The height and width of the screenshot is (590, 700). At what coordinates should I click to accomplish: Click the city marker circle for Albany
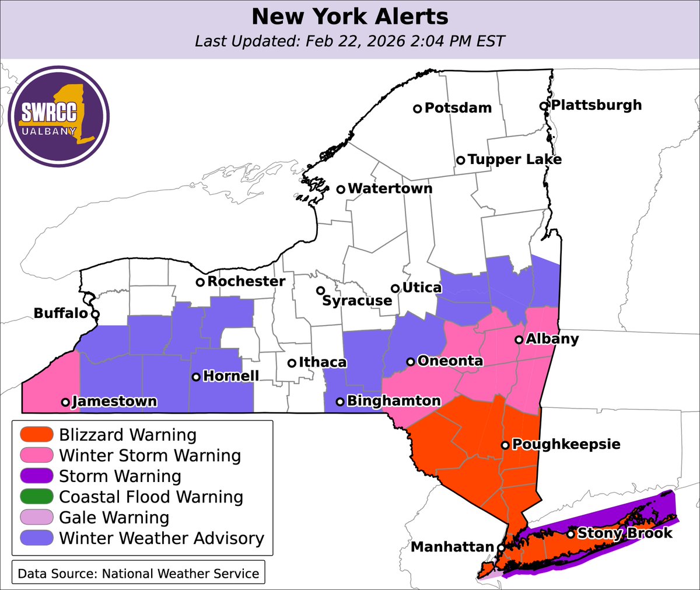(x=519, y=340)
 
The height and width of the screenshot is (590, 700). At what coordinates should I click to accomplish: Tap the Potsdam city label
(x=458, y=108)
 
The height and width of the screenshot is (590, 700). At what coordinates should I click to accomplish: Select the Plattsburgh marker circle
(x=543, y=106)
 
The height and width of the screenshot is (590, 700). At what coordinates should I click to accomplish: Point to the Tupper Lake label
(x=514, y=159)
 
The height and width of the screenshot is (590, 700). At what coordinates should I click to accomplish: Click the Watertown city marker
(x=341, y=188)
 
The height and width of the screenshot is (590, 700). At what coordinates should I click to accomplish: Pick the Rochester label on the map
(x=246, y=281)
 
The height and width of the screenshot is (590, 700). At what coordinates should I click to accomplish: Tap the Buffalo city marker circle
(x=95, y=314)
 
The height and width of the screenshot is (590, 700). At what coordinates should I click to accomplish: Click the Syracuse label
(x=357, y=301)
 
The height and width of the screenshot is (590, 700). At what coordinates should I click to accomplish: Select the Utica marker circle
(x=395, y=288)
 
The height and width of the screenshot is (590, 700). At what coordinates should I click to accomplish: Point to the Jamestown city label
(x=114, y=402)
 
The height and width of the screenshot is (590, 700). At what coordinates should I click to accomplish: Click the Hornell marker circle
(x=196, y=377)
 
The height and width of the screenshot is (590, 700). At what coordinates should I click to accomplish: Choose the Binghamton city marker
(x=339, y=402)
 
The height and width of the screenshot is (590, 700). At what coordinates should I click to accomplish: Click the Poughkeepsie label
(x=566, y=444)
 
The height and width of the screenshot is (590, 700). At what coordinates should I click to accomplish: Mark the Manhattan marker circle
(x=501, y=548)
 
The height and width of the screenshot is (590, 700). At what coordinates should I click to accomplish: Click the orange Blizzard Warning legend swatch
(x=36, y=435)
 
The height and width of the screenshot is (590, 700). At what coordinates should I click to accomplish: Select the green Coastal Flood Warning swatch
(x=36, y=497)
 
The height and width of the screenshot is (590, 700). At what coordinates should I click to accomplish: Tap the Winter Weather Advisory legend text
(x=162, y=538)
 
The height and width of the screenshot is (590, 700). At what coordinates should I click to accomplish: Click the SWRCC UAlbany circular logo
(x=59, y=116)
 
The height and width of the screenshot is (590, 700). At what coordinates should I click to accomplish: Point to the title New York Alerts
(x=350, y=16)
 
